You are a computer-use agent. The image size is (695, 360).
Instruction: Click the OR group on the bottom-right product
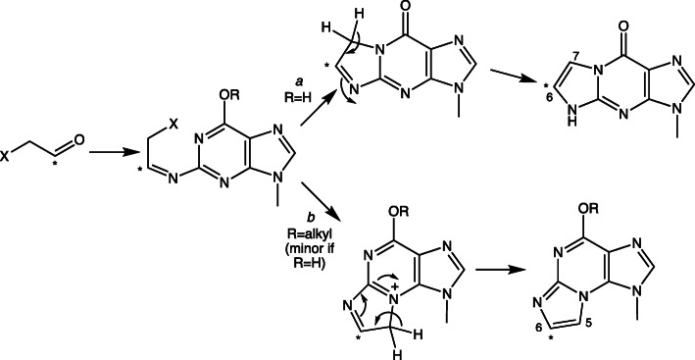coord(596,209)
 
